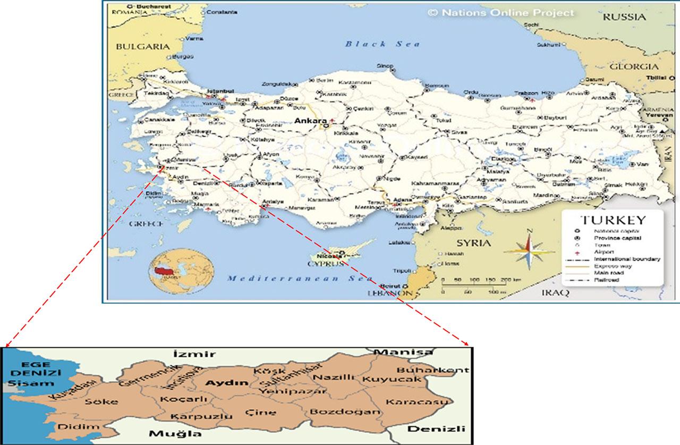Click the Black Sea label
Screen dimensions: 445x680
383,44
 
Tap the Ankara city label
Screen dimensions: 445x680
310,121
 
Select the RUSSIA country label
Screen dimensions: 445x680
624,17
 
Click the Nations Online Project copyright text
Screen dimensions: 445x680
501,13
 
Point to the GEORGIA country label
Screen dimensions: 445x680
633,67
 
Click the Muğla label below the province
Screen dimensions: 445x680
168,434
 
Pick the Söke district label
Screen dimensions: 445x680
101,401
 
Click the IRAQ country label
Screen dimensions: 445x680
555,293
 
